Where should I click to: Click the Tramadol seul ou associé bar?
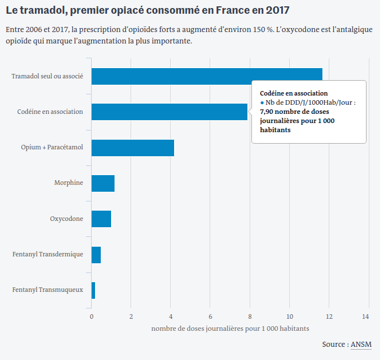coord(207,76)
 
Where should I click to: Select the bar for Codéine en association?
coord(170,112)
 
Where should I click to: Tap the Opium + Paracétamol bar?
coord(133,148)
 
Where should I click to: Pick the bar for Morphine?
coord(103,183)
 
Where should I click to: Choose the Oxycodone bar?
coord(101,219)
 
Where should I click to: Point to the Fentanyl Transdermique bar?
coord(96,255)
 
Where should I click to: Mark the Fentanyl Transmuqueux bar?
coord(93,290)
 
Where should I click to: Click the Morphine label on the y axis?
coord(69,183)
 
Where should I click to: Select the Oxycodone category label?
coord(66,219)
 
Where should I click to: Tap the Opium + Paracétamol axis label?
coord(52,148)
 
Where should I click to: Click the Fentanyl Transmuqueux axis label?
coord(48,290)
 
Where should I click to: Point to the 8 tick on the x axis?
coord(250,316)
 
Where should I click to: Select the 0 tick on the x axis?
coord(92,316)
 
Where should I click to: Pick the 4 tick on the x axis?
coord(171,316)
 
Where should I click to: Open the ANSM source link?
coord(361,345)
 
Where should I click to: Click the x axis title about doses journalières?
coord(230,329)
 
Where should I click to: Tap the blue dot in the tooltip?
coord(262,102)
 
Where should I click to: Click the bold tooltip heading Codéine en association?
coord(294,93)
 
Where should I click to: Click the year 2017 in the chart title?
coord(275,10)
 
